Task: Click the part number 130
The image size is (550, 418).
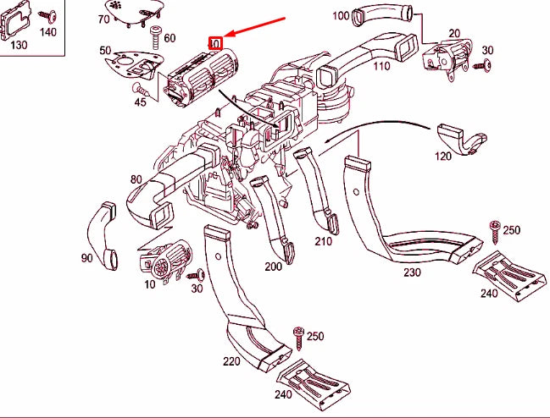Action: coord(19,45)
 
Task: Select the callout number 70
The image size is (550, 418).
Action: coord(104,19)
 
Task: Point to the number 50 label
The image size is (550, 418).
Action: coord(105,52)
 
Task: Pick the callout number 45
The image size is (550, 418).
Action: coord(139,102)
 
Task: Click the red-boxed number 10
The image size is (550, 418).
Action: coord(215,41)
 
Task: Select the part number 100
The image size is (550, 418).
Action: coord(341,15)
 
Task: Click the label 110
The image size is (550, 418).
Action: coord(381,67)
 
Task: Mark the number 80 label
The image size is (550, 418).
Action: coord(136,179)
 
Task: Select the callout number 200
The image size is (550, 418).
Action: coord(273,267)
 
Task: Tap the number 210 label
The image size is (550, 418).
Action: coord(323,241)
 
